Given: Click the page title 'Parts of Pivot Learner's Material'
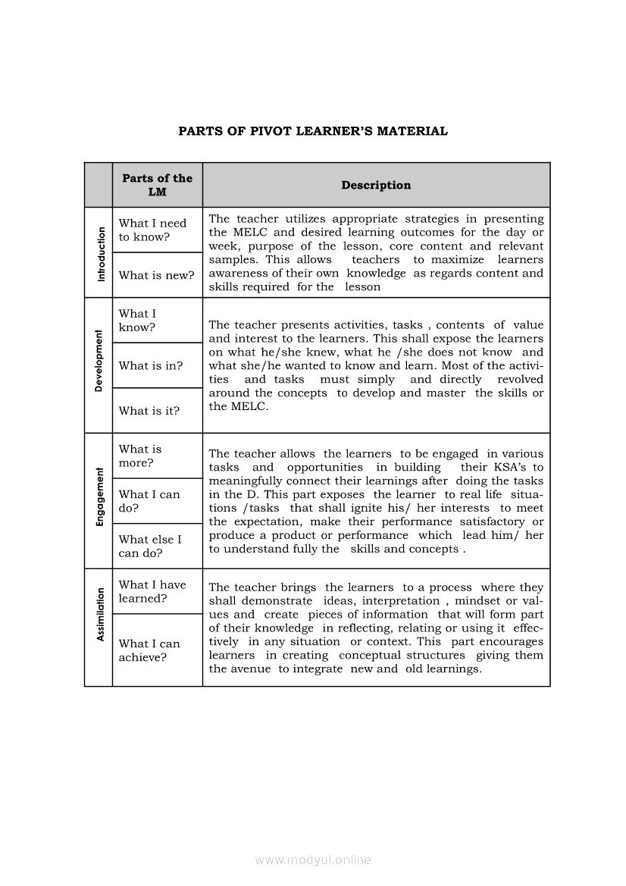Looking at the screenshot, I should tap(313, 131).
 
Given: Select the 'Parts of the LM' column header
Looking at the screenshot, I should tap(157, 185).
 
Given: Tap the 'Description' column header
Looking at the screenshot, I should tap(376, 185).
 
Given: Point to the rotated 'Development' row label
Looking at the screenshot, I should tap(99, 361).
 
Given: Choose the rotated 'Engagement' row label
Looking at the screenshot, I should tap(99, 497).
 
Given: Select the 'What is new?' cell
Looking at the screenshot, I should tap(156, 275).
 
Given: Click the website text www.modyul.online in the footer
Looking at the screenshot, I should tap(313, 859).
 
